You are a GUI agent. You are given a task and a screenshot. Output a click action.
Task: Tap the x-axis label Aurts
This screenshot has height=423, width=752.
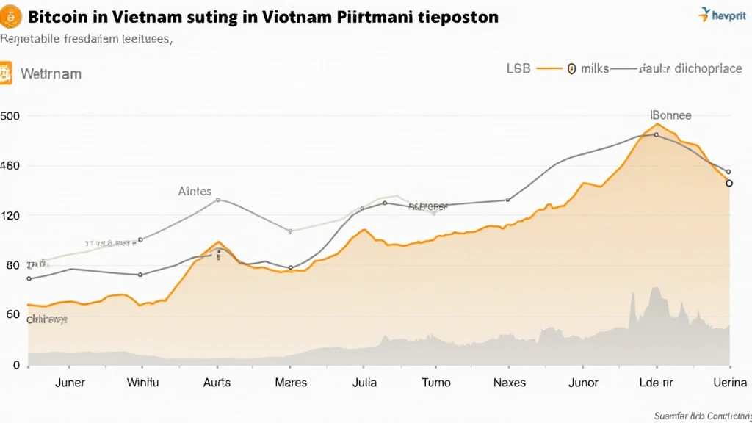coord(216,383)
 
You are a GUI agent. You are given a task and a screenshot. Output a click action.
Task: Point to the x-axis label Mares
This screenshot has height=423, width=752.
coord(291,383)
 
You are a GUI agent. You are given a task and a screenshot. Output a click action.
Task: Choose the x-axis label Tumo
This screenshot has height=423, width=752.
coord(435,383)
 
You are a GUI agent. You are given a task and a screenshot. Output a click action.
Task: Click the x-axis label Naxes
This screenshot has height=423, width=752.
coord(509,383)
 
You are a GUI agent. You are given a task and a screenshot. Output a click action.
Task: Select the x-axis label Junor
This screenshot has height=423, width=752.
coord(583,383)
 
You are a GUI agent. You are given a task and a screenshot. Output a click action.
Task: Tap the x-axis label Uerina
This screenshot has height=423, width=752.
coord(729,383)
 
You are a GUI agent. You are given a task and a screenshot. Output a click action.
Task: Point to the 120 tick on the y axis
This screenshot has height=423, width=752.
coord(10,216)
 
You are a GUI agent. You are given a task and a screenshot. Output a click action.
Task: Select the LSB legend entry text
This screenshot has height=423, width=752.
coord(518,68)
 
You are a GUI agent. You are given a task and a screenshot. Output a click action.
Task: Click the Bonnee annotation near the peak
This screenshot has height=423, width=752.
coord(671,115)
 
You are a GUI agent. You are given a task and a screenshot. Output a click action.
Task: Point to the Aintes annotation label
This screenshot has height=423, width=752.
coord(195,191)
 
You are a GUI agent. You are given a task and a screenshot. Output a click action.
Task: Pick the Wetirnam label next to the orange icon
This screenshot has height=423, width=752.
coord(51,74)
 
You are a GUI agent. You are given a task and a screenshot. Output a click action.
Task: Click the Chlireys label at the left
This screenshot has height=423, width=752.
coord(47,319)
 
